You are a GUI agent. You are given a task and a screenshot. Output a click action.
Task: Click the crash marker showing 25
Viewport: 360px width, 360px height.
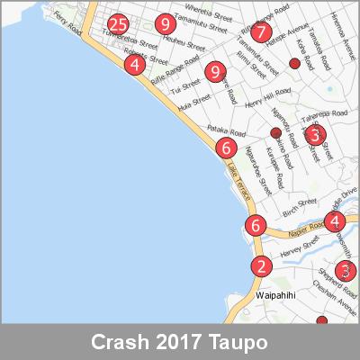(117, 24)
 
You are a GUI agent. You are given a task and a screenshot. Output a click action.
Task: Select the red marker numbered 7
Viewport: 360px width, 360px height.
(261, 32)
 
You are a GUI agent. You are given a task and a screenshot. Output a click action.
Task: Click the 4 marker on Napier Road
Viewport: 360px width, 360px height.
(336, 221)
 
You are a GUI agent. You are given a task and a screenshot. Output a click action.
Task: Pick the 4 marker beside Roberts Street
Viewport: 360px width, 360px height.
(134, 65)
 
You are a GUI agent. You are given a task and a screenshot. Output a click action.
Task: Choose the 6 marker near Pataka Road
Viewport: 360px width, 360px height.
(227, 148)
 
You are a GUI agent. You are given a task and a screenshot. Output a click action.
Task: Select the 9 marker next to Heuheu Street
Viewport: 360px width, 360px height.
(164, 24)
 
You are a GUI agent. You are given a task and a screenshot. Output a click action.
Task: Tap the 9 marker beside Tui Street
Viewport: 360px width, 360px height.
(214, 71)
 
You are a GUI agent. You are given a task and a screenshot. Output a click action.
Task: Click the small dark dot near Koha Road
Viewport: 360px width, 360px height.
(293, 63)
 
